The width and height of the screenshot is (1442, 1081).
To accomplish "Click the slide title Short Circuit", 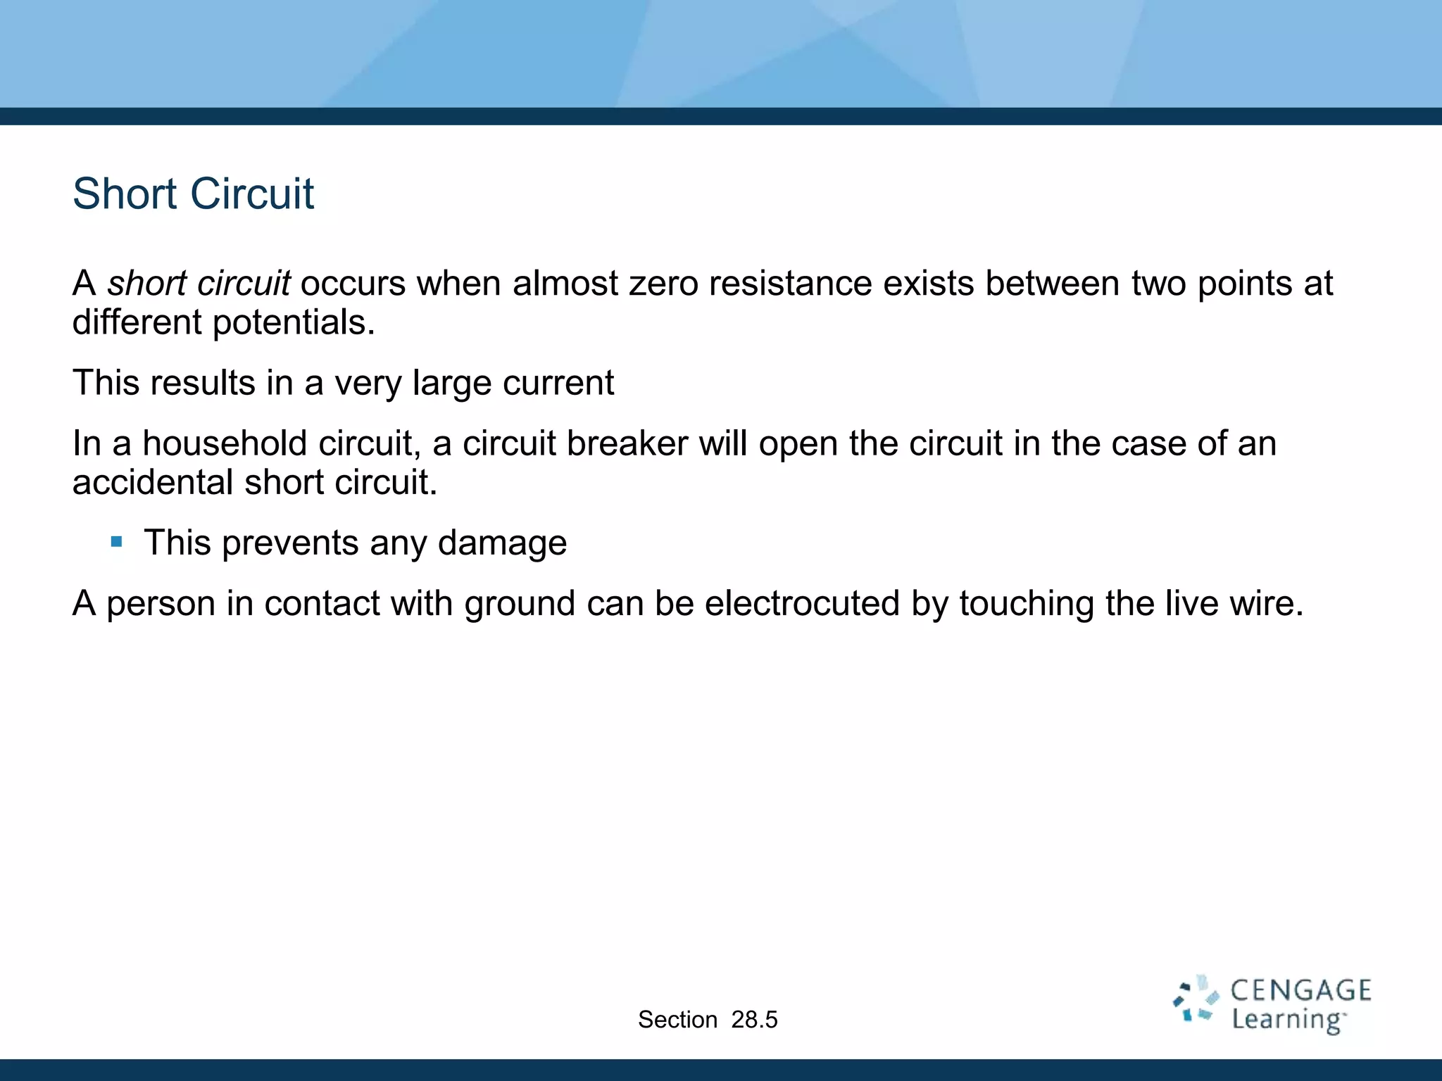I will point(193,194).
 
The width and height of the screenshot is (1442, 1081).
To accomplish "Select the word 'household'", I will point(225,443).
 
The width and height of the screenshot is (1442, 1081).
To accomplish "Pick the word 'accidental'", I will point(153,483).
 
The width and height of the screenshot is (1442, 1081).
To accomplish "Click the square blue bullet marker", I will point(117,542).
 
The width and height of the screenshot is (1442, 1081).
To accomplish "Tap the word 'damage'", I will point(502,543).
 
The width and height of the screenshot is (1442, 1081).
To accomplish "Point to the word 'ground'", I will point(520,605).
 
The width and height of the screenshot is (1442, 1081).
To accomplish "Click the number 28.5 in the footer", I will point(754,1020).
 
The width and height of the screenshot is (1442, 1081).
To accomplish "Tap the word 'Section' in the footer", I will point(677,1020).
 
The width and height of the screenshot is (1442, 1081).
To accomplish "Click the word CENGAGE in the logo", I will point(1300,991).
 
